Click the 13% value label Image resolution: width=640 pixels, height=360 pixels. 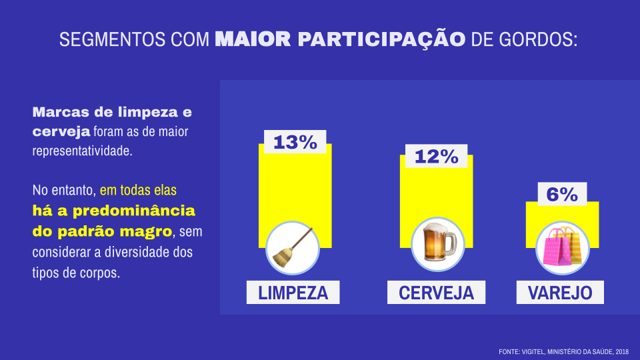295,142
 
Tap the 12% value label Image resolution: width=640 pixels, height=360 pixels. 436,157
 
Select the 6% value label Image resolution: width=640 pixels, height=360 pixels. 562,194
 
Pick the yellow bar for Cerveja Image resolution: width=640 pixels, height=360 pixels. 436,193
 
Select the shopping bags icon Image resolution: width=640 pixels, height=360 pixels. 562,247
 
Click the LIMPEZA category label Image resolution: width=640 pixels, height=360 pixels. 293,293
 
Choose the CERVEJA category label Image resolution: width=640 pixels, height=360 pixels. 436,293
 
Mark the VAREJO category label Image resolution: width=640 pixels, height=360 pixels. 560,293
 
